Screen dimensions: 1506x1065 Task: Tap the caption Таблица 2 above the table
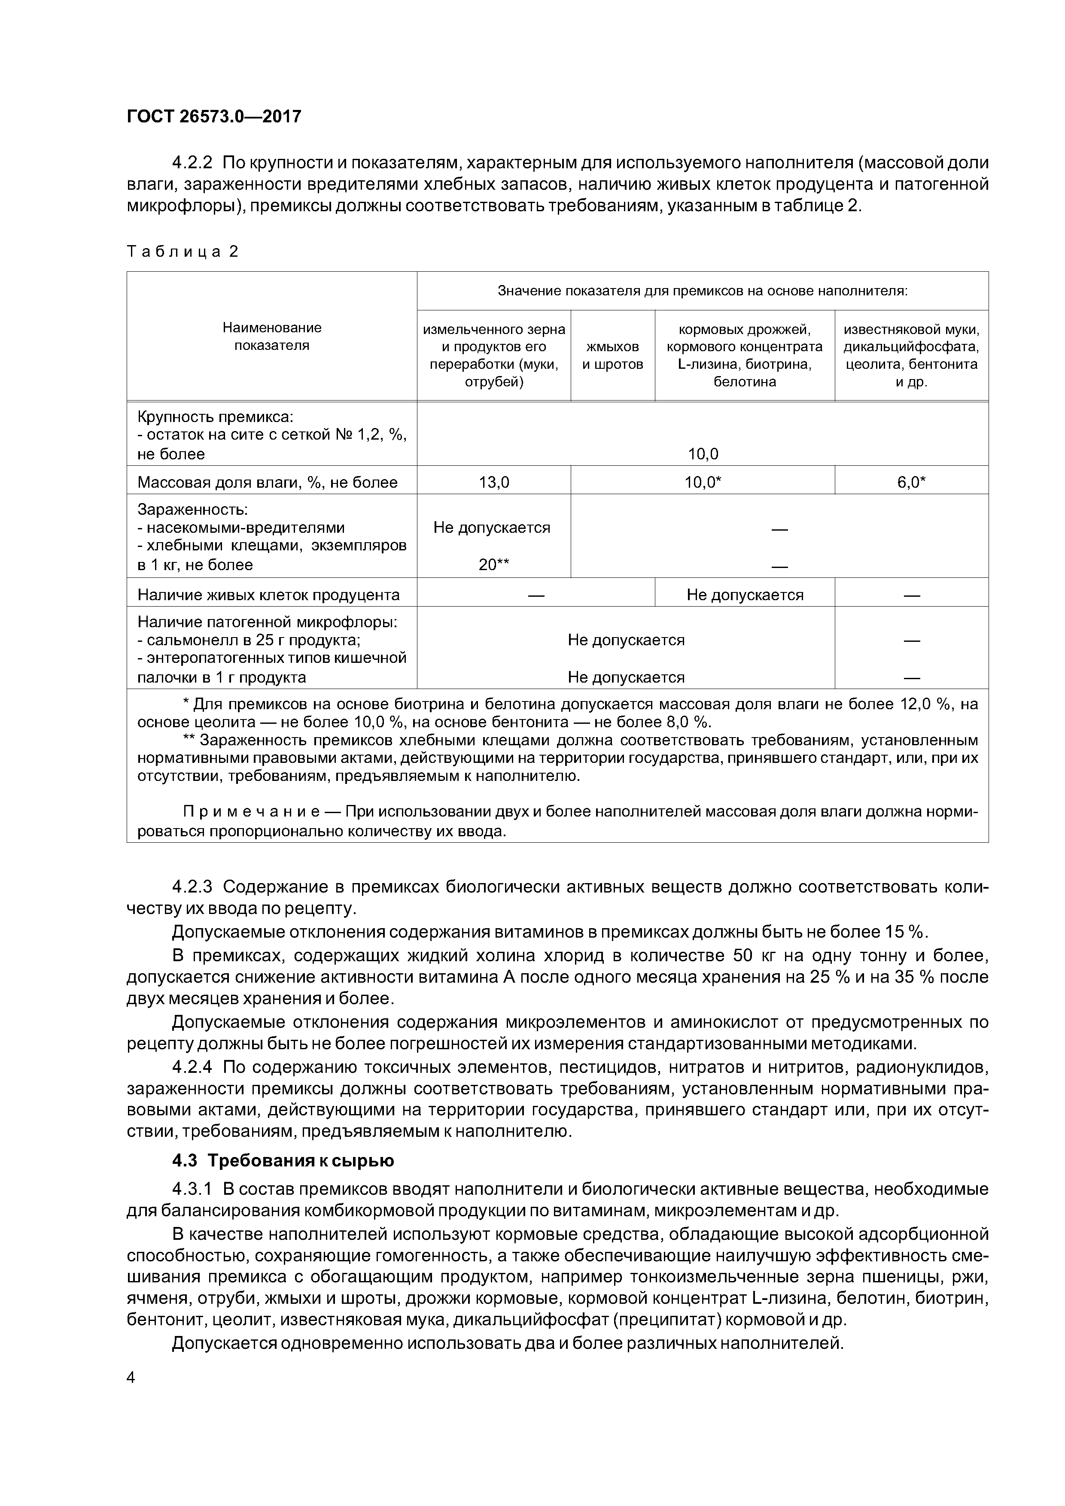click(x=183, y=252)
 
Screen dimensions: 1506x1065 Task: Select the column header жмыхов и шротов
click(x=612, y=355)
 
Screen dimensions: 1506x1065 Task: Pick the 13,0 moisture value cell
click(x=493, y=483)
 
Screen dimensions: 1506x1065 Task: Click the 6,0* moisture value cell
click(x=911, y=483)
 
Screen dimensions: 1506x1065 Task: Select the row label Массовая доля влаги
click(x=267, y=483)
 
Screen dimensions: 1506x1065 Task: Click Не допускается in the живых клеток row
click(x=745, y=595)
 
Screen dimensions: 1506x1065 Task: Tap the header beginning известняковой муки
click(x=911, y=355)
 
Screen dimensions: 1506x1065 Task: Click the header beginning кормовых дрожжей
click(x=744, y=355)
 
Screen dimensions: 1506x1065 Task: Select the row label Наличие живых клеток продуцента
click(x=268, y=595)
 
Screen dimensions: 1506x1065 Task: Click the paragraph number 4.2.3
click(x=192, y=887)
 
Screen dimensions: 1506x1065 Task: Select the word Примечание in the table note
click(x=251, y=812)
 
